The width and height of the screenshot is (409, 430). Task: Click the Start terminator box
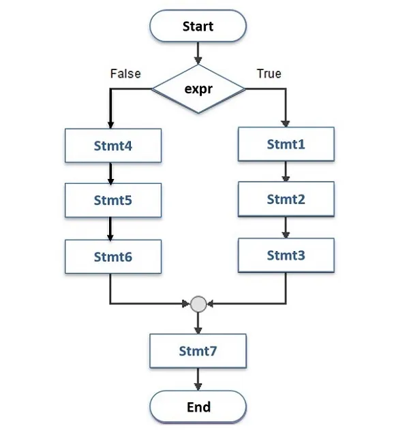(x=198, y=27)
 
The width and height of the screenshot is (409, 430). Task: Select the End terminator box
(x=198, y=407)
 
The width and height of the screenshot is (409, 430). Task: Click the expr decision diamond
(x=198, y=88)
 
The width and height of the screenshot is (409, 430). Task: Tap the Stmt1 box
(x=286, y=144)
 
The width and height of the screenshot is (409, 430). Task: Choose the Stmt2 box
(x=286, y=199)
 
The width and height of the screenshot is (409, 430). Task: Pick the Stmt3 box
(x=286, y=255)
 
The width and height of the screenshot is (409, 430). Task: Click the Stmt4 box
(x=112, y=145)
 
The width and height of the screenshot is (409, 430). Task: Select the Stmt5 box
(x=112, y=201)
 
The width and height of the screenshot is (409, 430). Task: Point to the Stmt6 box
(x=112, y=257)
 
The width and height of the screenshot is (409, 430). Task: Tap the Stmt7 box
(x=198, y=351)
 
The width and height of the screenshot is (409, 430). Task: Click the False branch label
(x=125, y=73)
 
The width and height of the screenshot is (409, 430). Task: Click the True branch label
(x=269, y=73)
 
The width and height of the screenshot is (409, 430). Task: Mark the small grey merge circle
(x=198, y=303)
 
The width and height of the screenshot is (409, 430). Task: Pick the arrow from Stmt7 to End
(x=198, y=379)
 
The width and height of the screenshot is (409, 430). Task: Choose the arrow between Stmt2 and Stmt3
(x=286, y=227)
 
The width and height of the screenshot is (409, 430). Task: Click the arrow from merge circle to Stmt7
(x=198, y=322)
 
